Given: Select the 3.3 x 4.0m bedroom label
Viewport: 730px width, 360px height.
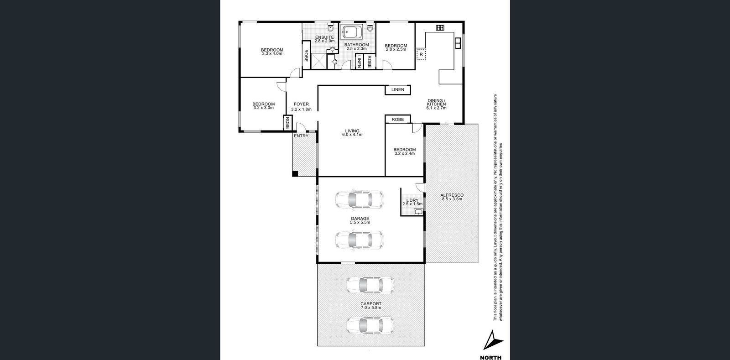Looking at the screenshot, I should click(272, 52).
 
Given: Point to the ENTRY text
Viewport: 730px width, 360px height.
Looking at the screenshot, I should click(301, 136).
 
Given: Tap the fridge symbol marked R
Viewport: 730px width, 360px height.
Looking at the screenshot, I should click(421, 54).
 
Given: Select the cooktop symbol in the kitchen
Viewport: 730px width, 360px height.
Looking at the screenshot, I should click(440, 28).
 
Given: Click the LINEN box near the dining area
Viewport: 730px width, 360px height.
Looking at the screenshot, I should click(397, 90).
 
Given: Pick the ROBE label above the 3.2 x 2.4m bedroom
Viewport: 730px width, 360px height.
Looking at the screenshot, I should click(397, 120).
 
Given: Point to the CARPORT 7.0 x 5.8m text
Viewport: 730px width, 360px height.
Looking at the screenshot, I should click(370, 306).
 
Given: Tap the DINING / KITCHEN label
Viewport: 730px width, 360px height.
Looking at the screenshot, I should click(436, 104).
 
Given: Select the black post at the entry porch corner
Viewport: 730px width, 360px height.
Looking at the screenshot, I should click(295, 173).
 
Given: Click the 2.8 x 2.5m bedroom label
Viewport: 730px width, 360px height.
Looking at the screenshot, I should click(396, 47).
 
